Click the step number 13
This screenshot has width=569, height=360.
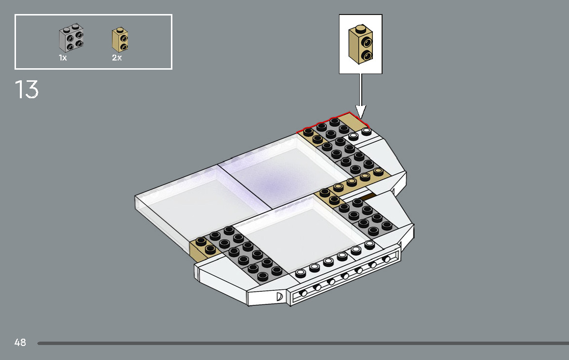27,90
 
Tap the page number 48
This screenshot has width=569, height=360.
20,343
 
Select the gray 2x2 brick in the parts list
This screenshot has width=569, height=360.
71,39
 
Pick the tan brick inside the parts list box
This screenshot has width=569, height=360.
120,40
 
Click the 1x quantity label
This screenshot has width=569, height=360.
63,58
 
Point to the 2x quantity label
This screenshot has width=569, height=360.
117,58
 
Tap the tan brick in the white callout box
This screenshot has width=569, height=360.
361,45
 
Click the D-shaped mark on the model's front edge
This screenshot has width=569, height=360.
279,296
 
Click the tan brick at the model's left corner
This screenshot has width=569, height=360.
202,248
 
